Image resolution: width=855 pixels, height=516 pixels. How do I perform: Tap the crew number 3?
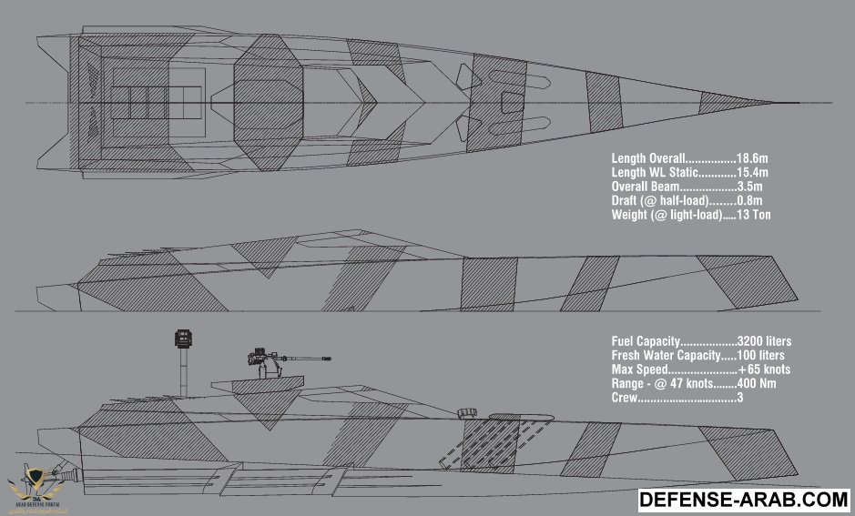click(739, 398)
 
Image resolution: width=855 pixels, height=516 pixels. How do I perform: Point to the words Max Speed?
click(640, 369)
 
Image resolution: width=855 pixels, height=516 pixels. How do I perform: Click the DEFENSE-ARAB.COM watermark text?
click(744, 500)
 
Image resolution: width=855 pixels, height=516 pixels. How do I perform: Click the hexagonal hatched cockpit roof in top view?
click(270, 98)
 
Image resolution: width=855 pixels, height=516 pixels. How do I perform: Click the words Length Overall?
click(648, 160)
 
